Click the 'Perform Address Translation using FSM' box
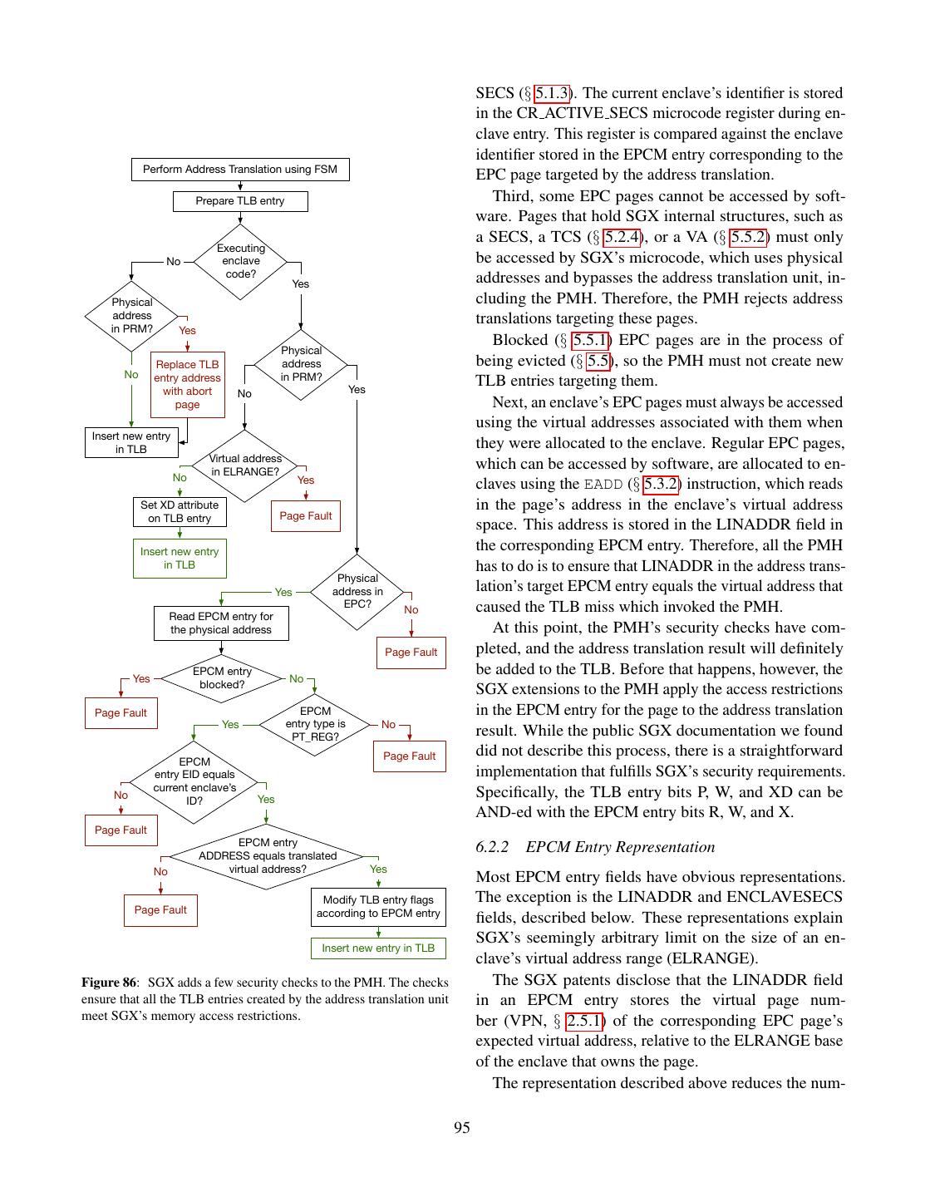[239, 170]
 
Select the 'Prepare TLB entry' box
[239, 201]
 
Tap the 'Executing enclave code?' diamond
[240, 261]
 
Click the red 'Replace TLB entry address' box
[187, 384]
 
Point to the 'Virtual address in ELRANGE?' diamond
[244, 465]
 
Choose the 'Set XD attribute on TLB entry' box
[180, 512]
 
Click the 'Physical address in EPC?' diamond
[357, 591]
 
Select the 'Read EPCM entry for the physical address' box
[221, 623]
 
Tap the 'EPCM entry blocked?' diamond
[222, 678]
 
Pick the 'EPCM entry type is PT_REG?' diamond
[315, 724]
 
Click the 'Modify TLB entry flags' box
[378, 906]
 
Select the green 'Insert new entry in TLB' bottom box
[378, 948]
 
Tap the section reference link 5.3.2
[660, 484]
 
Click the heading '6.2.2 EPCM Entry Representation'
[595, 847]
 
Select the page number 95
[462, 1127]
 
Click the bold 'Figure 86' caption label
[108, 983]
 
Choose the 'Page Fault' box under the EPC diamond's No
[411, 653]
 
